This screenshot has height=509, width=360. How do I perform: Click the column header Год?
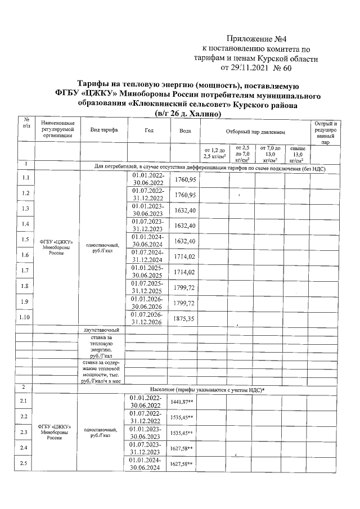tap(149, 130)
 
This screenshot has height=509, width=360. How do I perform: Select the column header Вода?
tap(184, 130)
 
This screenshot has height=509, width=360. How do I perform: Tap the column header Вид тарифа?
tap(104, 130)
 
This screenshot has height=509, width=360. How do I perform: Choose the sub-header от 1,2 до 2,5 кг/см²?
tap(214, 152)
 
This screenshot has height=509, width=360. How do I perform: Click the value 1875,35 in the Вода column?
tap(184, 318)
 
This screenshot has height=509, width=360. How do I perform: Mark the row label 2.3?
tap(24, 432)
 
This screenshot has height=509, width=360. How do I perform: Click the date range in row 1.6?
tap(149, 256)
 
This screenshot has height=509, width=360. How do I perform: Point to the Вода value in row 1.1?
tap(184, 178)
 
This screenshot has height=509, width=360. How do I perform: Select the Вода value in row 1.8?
tap(184, 287)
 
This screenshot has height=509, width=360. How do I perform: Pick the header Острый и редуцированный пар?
tap(325, 133)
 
